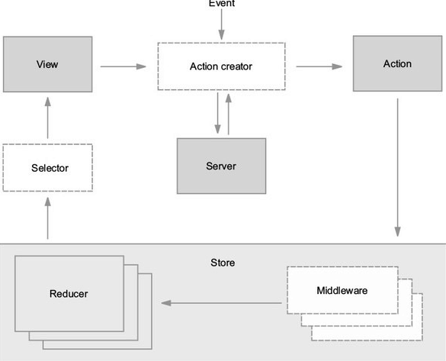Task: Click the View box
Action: (48, 64)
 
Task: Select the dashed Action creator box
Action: (222, 66)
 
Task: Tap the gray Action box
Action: (398, 63)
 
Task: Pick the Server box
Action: (222, 166)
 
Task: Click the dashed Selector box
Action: (48, 168)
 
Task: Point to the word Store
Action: (223, 263)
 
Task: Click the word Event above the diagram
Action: (222, 3)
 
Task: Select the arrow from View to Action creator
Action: (124, 66)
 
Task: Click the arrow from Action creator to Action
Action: (319, 66)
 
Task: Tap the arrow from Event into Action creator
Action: (222, 24)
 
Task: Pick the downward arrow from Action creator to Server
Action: (218, 113)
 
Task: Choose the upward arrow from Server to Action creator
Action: (229, 114)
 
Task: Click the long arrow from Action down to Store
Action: (398, 167)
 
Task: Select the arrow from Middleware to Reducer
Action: (221, 303)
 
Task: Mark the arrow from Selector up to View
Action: (48, 118)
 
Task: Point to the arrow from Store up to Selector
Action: (48, 218)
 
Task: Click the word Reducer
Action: (69, 294)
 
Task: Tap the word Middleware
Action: (342, 290)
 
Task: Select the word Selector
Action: (50, 168)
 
